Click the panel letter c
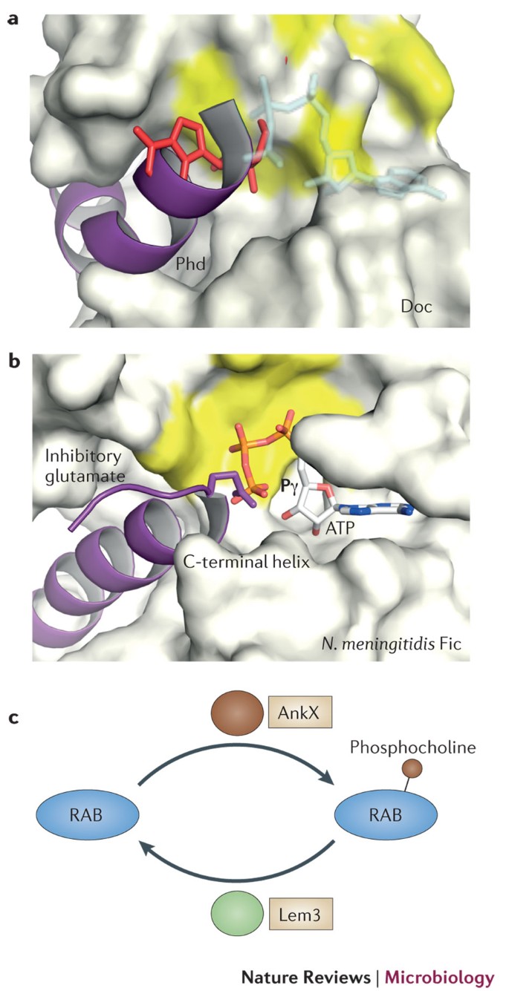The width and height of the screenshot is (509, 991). [13, 719]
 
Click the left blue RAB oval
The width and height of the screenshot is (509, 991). [88, 811]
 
